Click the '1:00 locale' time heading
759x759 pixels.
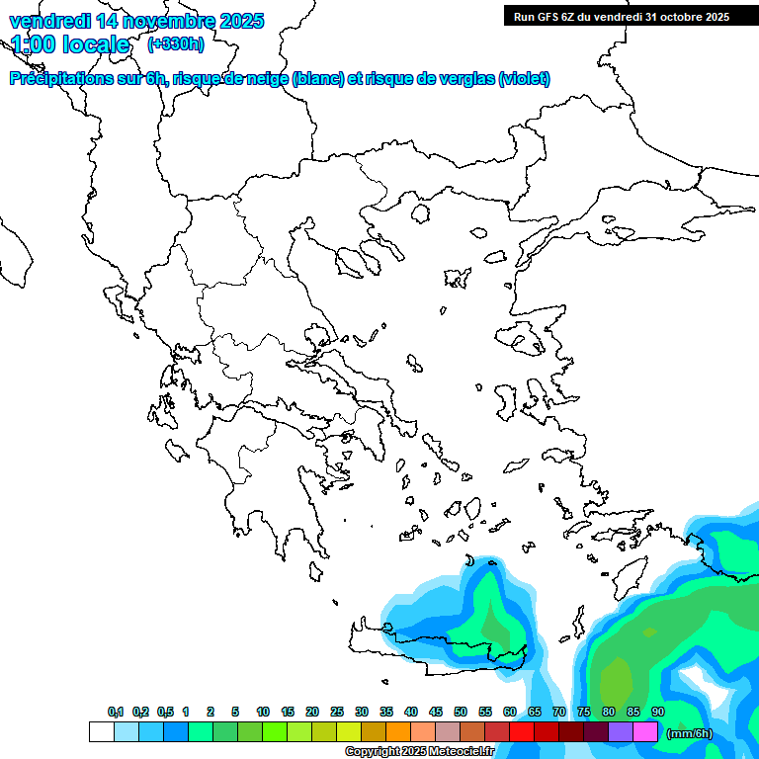[70, 44]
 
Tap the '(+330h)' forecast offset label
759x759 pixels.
[175, 44]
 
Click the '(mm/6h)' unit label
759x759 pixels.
[690, 732]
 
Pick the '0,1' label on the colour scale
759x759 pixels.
[115, 712]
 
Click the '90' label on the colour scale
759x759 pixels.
[658, 712]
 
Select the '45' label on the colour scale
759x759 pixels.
[436, 712]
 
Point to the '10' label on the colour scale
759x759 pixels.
[263, 712]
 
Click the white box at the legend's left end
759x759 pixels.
[101, 732]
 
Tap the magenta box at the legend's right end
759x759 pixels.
[645, 732]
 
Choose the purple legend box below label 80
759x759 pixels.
[621, 732]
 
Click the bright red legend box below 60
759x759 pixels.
[522, 732]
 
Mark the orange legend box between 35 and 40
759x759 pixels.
[398, 732]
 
